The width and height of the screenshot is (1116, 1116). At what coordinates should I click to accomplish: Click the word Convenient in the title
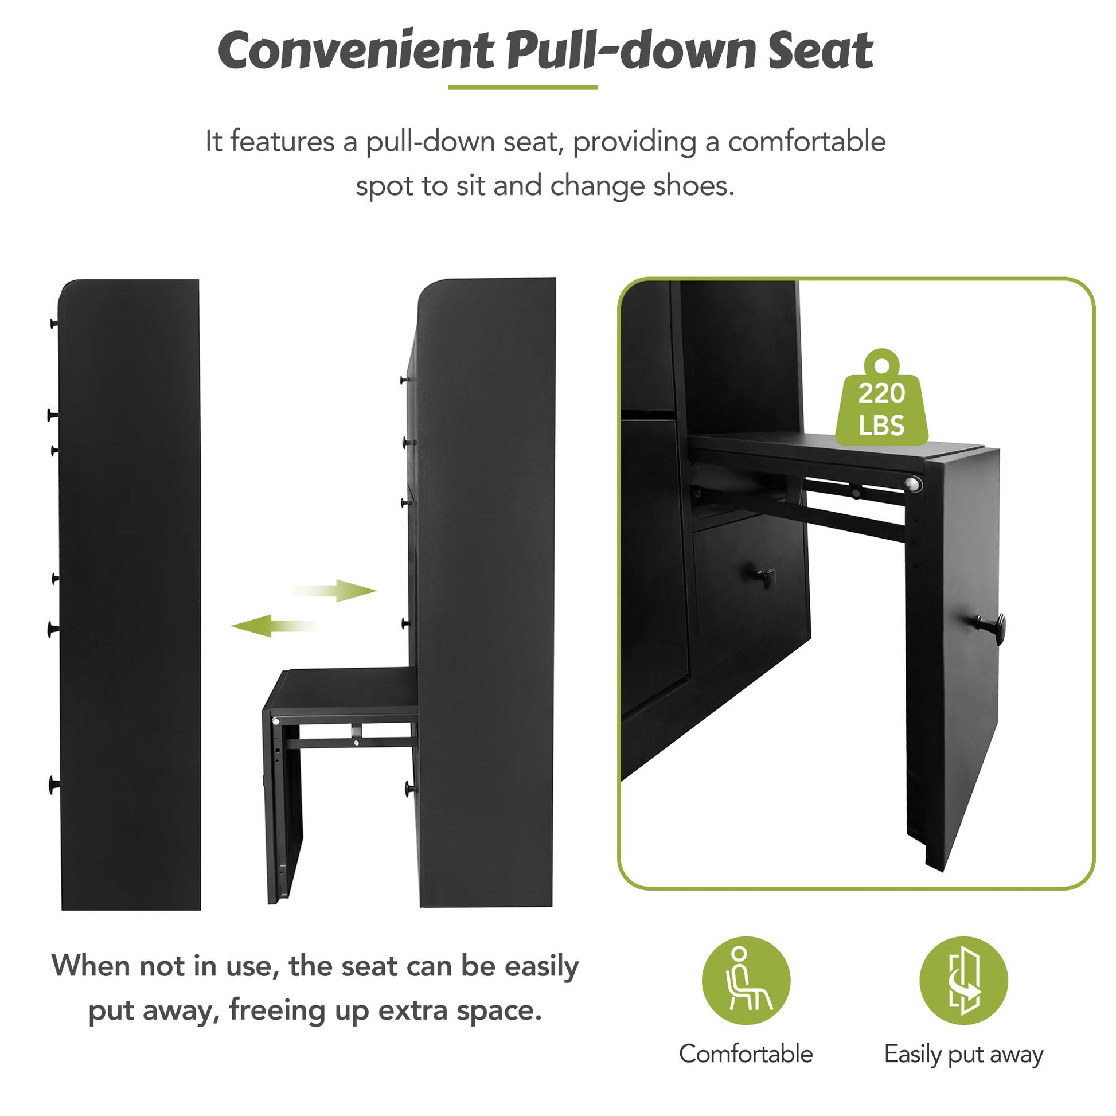(355, 51)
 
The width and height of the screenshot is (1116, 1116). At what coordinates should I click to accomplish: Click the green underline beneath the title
(522, 88)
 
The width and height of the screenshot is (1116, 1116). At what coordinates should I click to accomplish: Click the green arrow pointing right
(335, 590)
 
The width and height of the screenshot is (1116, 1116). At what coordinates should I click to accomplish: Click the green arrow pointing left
(272, 626)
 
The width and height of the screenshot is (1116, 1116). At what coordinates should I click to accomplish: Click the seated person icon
(746, 980)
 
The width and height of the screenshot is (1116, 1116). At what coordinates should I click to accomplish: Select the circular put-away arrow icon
(963, 980)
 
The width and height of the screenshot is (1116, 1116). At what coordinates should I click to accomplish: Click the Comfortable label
(746, 1054)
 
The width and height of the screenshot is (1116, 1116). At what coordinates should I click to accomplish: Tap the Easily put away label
(963, 1054)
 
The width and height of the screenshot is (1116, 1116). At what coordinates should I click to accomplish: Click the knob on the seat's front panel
(993, 625)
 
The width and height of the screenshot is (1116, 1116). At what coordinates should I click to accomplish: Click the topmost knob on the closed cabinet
(54, 323)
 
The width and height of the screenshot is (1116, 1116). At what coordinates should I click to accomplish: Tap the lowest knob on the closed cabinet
(54, 784)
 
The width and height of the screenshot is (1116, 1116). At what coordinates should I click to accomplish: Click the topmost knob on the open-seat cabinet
(404, 380)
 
